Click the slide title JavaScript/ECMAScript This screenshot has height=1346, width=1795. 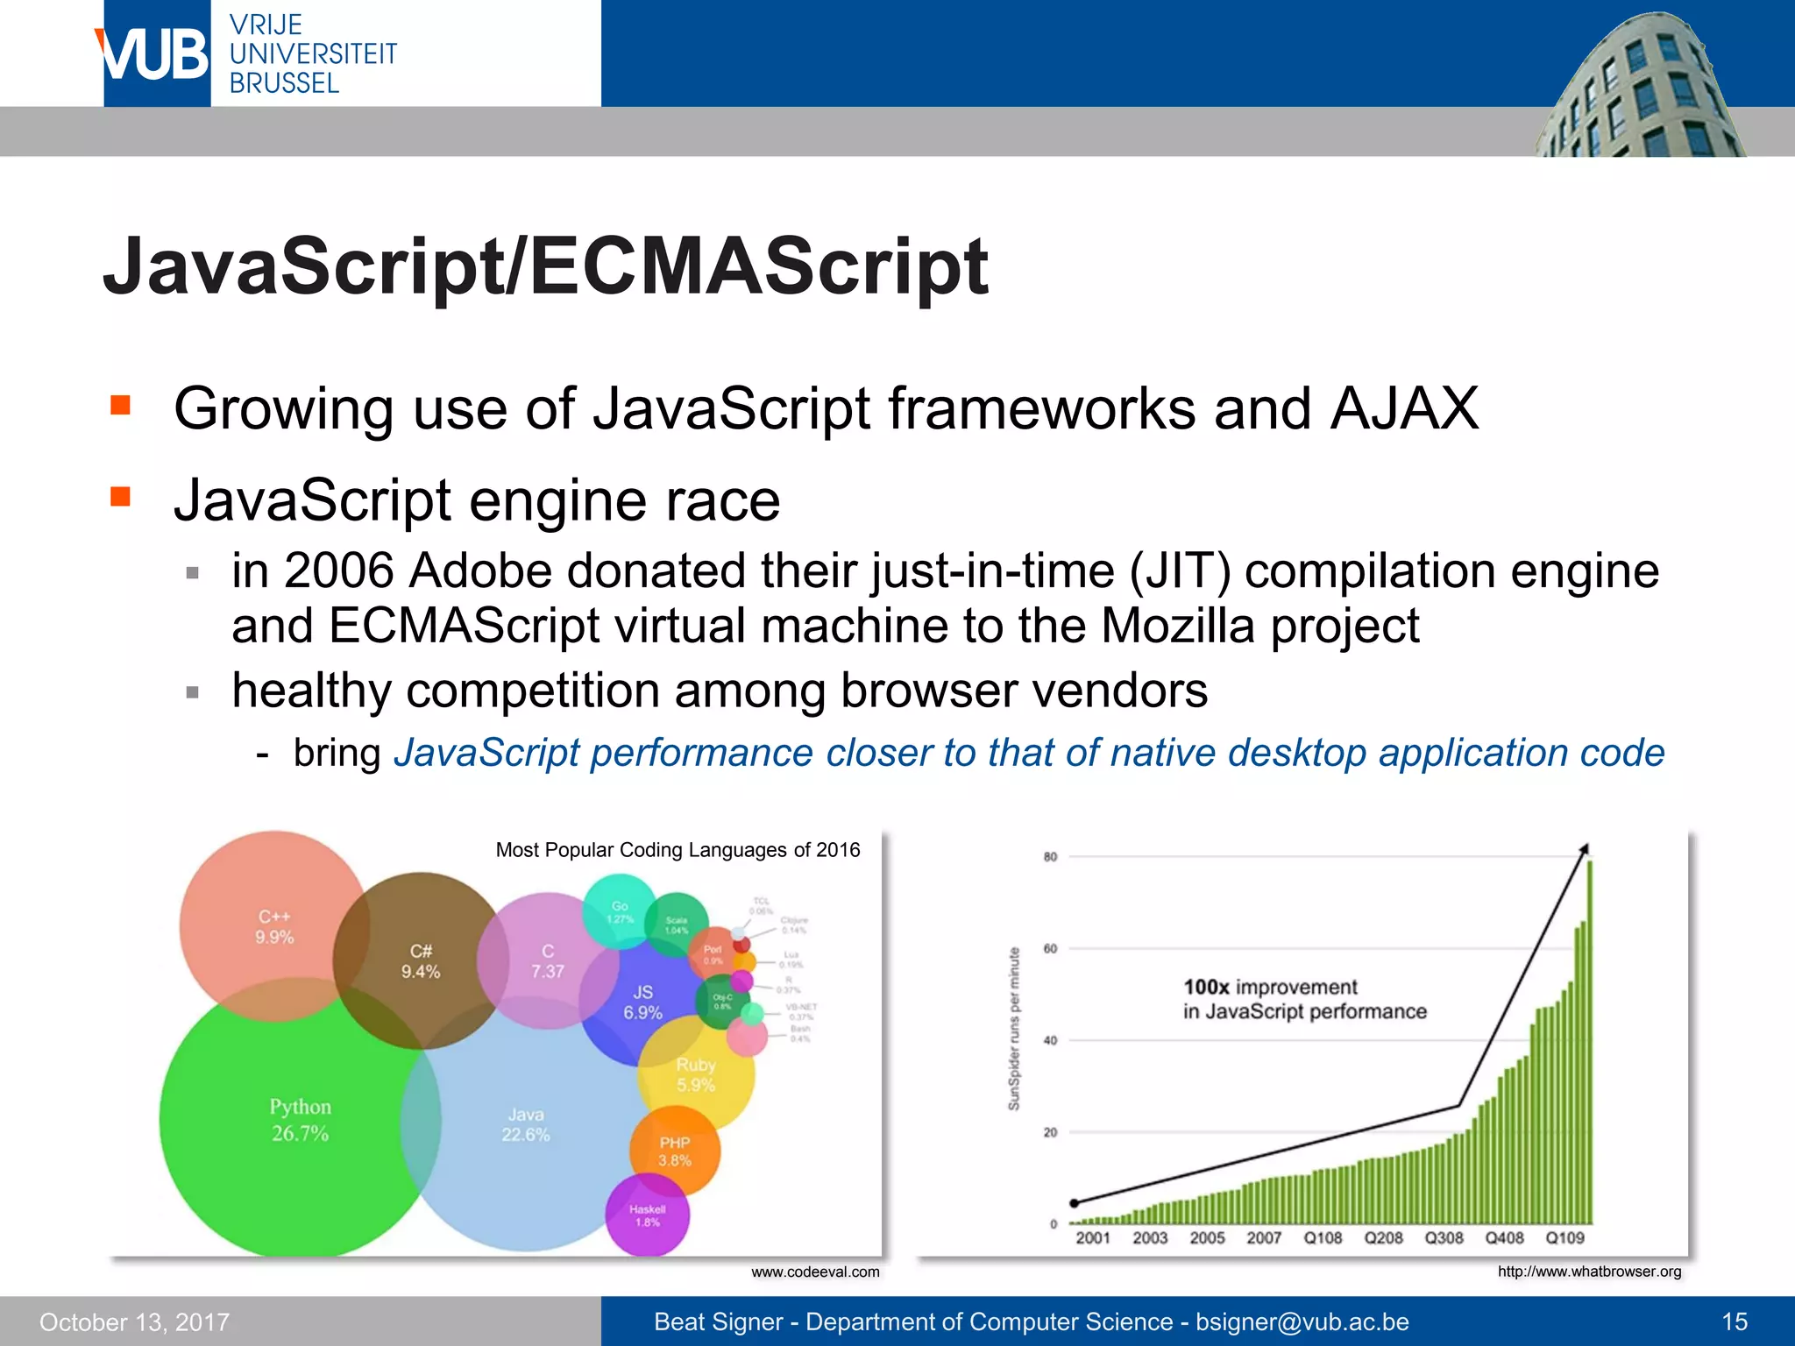click(x=545, y=266)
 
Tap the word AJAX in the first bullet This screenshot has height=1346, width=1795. click(x=1404, y=408)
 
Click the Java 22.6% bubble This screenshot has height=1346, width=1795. click(x=526, y=1125)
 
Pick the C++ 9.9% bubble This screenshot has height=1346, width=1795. click(x=273, y=926)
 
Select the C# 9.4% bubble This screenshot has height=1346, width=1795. click(x=421, y=961)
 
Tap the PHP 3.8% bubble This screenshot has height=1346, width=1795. click(x=675, y=1151)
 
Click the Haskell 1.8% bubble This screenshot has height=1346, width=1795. click(x=648, y=1215)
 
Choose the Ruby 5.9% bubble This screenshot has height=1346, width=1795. click(x=696, y=1074)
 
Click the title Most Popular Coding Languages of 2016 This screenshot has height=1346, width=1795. click(x=678, y=850)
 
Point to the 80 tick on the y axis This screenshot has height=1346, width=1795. click(x=1050, y=857)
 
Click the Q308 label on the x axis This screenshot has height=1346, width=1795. click(x=1444, y=1238)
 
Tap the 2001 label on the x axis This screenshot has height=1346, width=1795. click(x=1093, y=1238)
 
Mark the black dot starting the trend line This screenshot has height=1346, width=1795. click(x=1075, y=1203)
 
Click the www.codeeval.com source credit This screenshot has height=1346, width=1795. click(x=815, y=1272)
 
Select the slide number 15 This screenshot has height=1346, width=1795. click(x=1735, y=1321)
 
